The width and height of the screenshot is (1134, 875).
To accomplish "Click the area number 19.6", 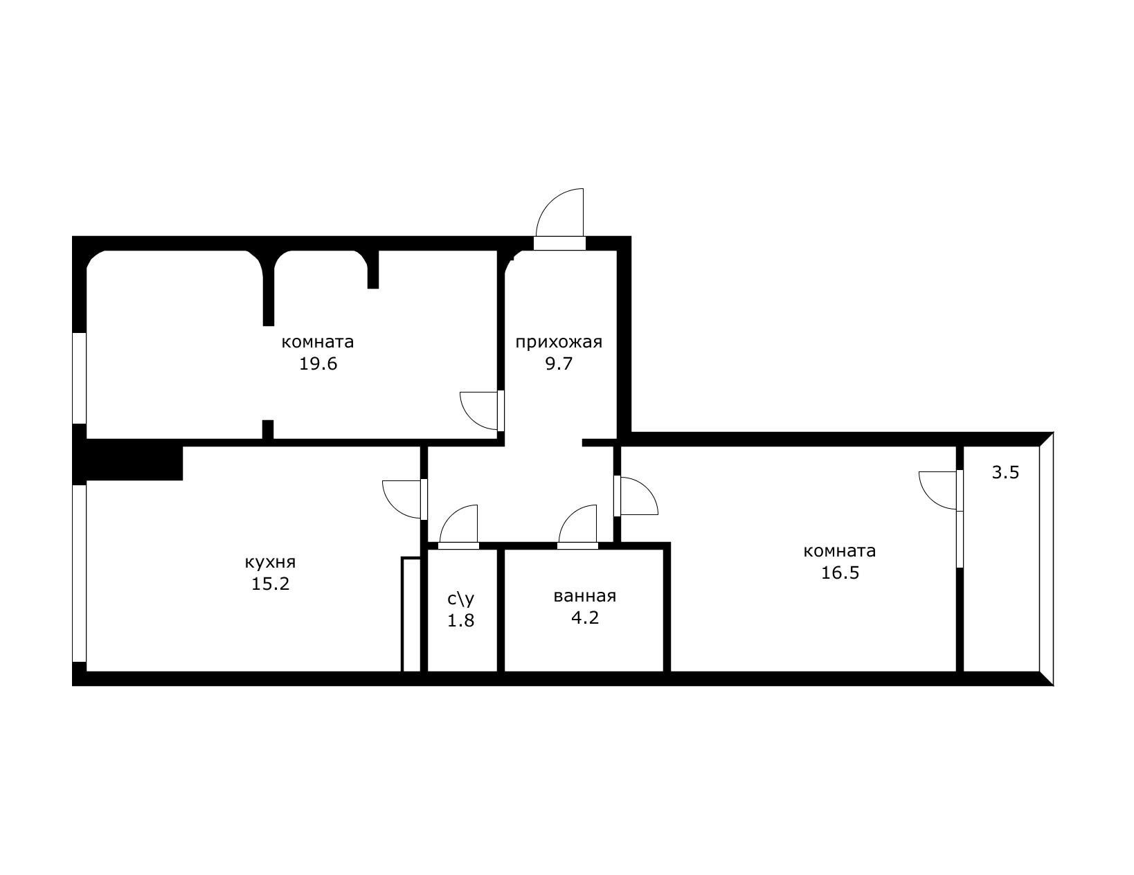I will point(318,364).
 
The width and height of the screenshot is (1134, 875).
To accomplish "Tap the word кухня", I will point(270,561).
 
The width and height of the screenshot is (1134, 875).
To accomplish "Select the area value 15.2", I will point(270,584).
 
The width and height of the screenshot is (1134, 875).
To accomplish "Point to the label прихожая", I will point(559,341).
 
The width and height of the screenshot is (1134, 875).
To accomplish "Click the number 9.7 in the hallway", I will point(559,364).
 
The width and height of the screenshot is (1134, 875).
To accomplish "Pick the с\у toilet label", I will point(461,598).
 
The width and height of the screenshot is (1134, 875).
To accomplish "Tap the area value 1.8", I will point(461,621).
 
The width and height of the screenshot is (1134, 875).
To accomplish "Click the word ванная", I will point(584,596).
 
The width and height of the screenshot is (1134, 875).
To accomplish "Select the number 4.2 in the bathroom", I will point(584,617).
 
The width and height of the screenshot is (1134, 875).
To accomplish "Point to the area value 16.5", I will point(840,573).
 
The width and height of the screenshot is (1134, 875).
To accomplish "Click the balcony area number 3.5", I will point(1005,473).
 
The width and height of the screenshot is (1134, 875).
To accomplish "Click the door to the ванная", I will point(579,526).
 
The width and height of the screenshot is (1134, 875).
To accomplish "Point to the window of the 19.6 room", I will point(80,378).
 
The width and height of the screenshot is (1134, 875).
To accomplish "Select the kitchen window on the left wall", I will point(80,573).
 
